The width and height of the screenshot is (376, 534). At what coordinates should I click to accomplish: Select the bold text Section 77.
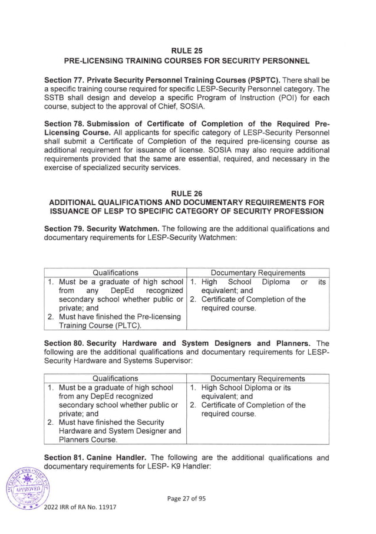pos(64,79)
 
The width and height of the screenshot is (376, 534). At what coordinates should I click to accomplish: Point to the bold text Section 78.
pos(64,123)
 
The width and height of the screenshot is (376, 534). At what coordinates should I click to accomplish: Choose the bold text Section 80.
pos(64,343)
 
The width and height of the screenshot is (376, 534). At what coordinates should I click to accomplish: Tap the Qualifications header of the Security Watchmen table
pos(116,273)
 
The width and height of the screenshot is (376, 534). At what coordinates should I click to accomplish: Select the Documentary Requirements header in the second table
pos(258,378)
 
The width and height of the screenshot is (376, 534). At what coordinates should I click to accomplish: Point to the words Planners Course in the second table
pos(88,439)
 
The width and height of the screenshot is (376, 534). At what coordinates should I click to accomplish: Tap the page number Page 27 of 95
pos(187,499)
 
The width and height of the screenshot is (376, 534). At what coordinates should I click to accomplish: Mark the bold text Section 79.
pos(64,228)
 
